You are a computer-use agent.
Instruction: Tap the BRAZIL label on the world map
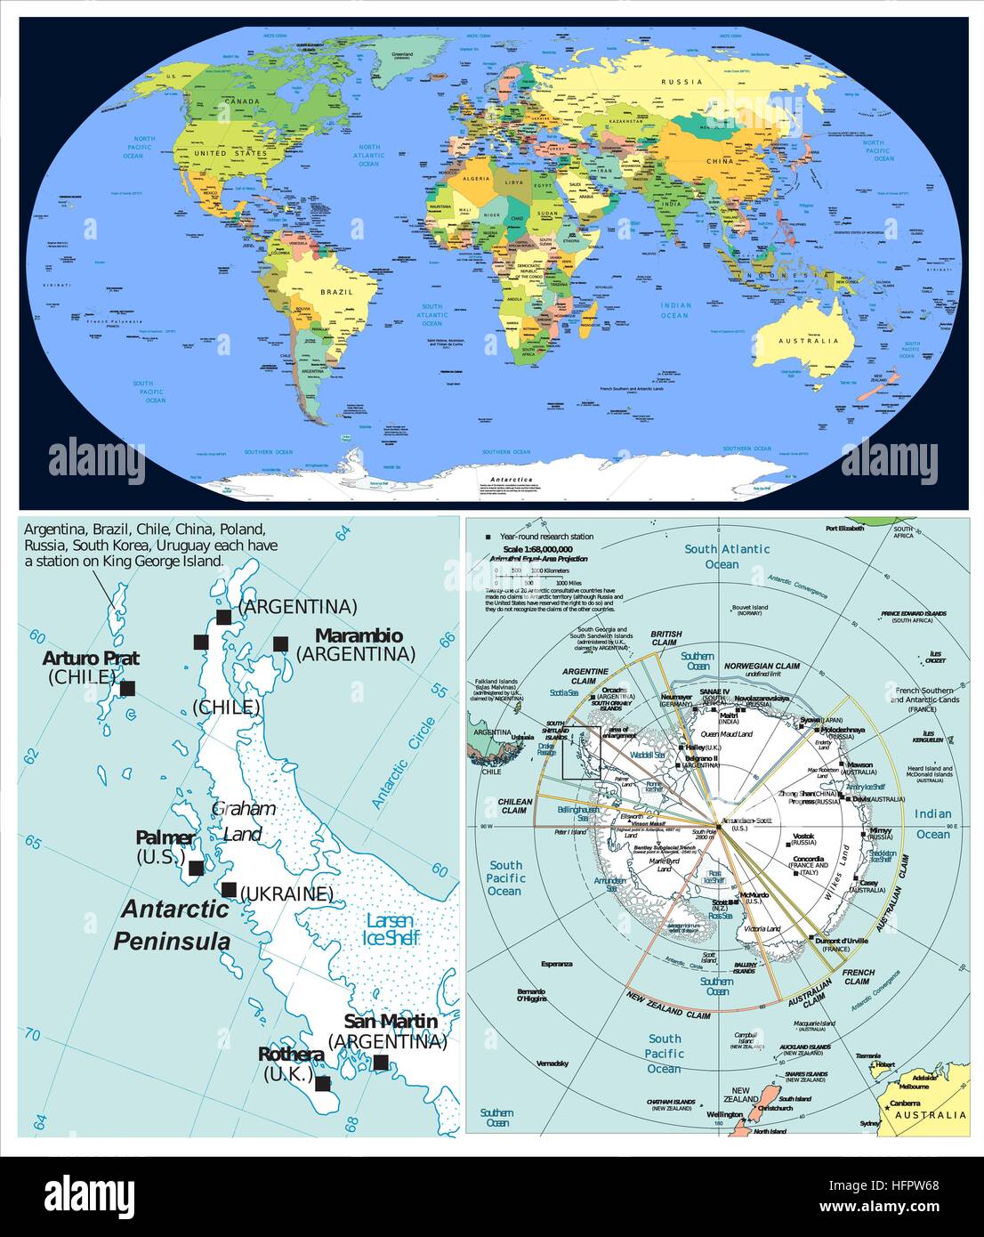(337, 292)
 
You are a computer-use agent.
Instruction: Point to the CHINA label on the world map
(719, 161)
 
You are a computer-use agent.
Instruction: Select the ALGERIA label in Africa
(476, 179)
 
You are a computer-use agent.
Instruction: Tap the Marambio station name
(359, 635)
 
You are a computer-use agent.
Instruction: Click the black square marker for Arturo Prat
(127, 688)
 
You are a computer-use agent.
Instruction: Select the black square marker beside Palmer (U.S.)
(196, 868)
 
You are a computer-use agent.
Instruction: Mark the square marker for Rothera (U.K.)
(323, 1084)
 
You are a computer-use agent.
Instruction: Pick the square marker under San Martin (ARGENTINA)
(381, 1062)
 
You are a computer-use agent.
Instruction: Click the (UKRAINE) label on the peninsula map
(286, 894)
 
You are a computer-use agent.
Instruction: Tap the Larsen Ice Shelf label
(391, 930)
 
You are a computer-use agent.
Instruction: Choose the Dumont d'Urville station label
(842, 941)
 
